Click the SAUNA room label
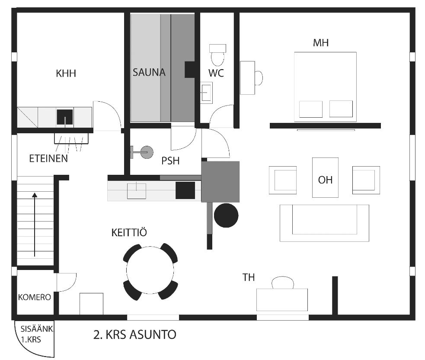149,72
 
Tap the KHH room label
66,73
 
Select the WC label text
216,73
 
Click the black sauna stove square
190,70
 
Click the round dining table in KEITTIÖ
150,272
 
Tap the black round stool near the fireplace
226,215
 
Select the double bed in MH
325,86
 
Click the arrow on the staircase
35,225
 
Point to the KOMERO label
35,297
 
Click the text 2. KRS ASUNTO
135,334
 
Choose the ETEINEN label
48,158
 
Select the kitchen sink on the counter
137,191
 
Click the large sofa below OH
324,223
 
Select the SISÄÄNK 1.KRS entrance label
36,334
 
